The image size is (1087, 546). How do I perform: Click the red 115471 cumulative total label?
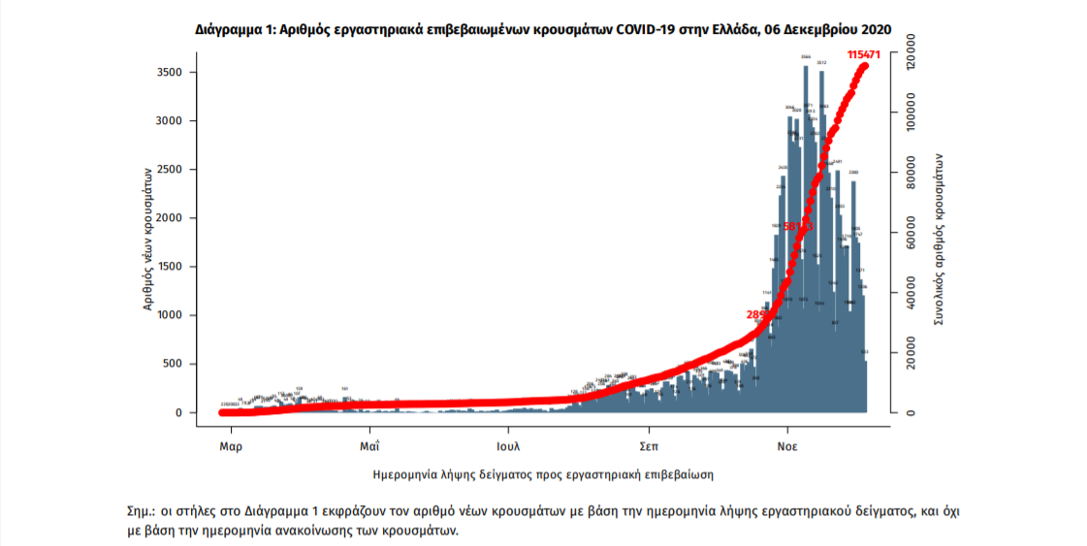pos(867,55)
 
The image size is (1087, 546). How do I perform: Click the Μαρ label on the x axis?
pos(231,447)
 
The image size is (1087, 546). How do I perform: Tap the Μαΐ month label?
pos(368,447)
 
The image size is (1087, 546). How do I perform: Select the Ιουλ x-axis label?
pos(508,447)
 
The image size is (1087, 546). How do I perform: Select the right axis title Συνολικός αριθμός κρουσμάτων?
pos(939,237)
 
